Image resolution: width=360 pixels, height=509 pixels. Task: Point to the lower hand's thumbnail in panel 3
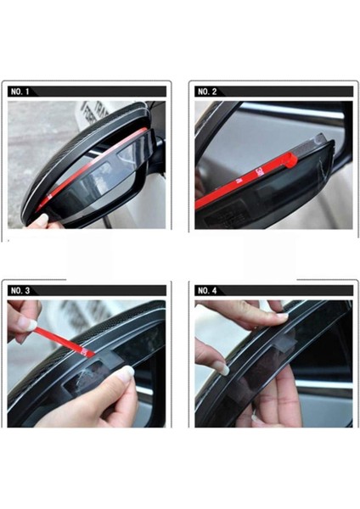(125, 373)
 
